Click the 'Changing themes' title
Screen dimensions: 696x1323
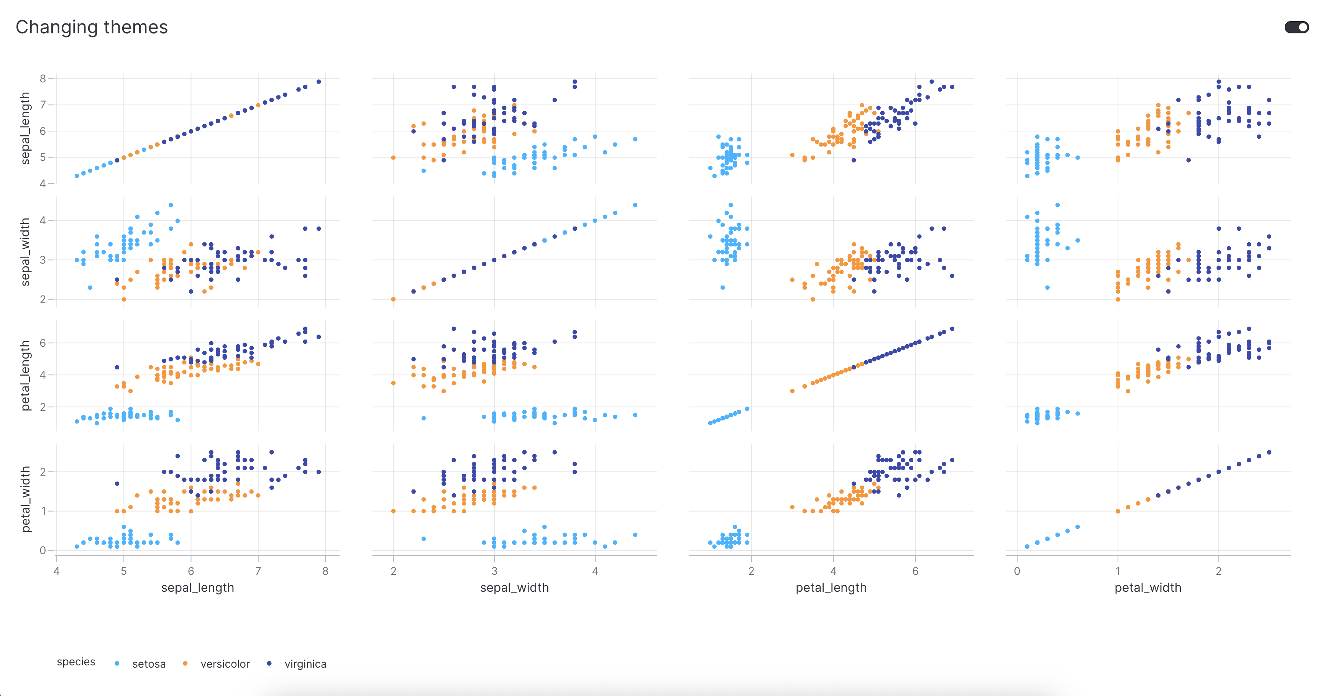pos(92,27)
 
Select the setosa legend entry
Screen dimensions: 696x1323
pos(148,664)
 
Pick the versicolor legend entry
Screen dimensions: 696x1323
pos(225,664)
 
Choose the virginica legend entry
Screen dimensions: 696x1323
pos(305,664)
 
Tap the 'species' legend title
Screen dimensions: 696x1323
pos(76,662)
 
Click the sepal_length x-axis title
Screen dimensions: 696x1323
pos(198,588)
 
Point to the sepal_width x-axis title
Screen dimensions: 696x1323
pos(514,588)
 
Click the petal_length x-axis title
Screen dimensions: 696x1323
pos(831,588)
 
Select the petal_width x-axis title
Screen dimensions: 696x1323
pos(1148,588)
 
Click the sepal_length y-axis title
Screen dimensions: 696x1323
pos(25,128)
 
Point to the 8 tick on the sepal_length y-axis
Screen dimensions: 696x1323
pos(43,79)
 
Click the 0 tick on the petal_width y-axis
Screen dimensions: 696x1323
pos(43,550)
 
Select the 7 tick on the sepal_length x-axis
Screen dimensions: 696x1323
pos(258,571)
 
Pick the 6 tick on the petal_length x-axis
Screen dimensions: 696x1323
pos(915,571)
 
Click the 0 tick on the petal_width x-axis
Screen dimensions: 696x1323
pos(1017,571)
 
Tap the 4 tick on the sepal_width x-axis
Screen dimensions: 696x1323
pos(595,571)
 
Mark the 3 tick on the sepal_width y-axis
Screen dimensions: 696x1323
pos(43,260)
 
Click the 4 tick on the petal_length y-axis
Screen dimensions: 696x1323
pos(43,375)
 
